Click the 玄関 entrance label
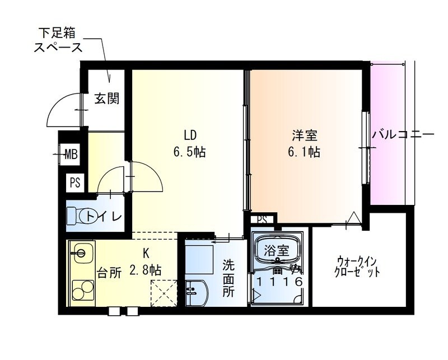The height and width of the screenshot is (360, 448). [x=106, y=99]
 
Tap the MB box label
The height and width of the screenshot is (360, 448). [x=71, y=153]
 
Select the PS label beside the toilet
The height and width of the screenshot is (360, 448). [x=75, y=182]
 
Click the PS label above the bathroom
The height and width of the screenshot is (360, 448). [x=262, y=220]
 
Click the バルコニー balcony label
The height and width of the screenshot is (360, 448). [x=403, y=135]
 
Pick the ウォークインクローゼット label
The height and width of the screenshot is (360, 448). [x=358, y=267]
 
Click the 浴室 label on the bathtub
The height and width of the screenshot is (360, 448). [x=277, y=250]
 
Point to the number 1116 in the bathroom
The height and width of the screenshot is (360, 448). [x=278, y=282]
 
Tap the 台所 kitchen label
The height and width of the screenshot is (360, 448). [x=109, y=273]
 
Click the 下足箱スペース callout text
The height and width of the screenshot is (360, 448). [x=57, y=39]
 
